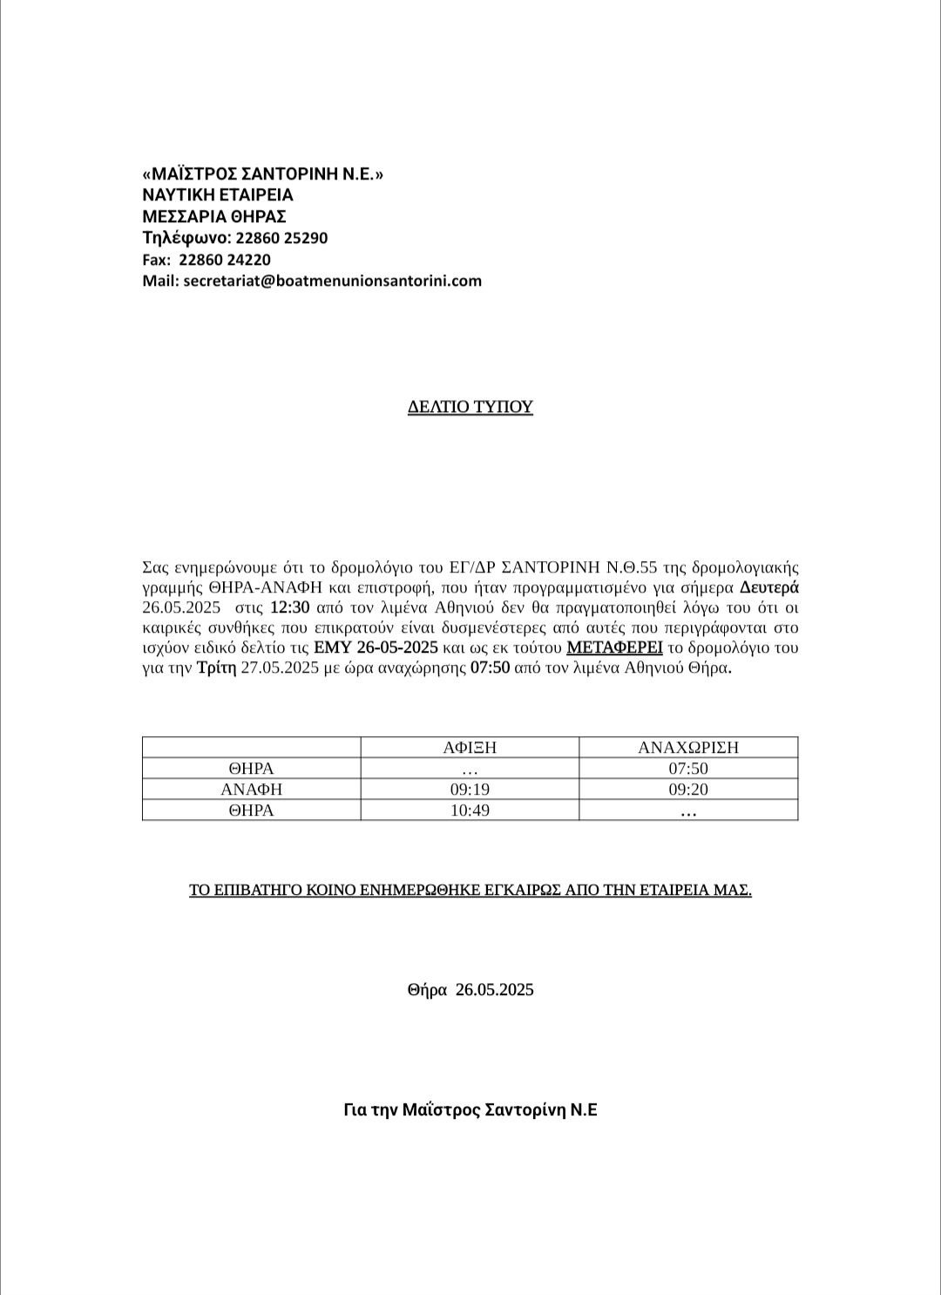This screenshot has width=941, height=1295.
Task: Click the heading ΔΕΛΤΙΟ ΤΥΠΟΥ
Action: tap(470, 407)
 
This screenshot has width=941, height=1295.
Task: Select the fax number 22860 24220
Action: tap(225, 260)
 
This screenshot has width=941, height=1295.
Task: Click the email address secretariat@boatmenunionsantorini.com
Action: tap(333, 281)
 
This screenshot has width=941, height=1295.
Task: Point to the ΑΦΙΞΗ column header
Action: tap(470, 747)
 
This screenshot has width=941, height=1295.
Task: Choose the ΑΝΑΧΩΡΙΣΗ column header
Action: tap(688, 747)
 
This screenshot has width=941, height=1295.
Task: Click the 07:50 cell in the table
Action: tap(688, 769)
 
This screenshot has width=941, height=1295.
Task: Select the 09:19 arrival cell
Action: tap(470, 790)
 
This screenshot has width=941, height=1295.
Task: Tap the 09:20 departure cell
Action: tap(688, 790)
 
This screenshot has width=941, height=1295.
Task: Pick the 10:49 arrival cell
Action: tap(470, 810)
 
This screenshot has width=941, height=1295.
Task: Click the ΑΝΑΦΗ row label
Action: tap(251, 790)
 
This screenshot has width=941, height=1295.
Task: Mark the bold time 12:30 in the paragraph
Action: tap(290, 607)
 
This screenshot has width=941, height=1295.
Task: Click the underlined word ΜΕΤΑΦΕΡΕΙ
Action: tap(614, 647)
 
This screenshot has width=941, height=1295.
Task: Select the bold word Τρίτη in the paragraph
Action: tap(217, 668)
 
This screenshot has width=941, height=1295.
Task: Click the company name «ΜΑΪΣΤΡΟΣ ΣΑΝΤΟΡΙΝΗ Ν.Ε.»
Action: tap(262, 174)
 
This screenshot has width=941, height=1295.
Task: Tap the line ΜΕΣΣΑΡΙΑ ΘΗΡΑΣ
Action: tap(214, 216)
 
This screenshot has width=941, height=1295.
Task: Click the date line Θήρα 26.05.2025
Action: tap(470, 990)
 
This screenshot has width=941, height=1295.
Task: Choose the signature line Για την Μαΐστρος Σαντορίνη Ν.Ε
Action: tap(470, 1110)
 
